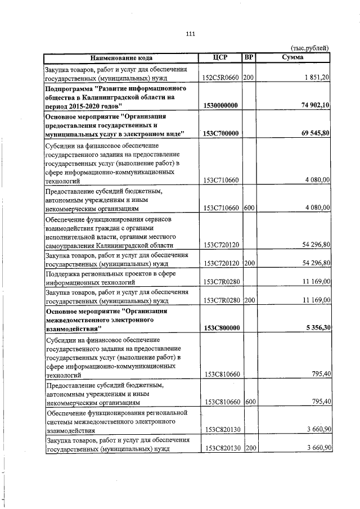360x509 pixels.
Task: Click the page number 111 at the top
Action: (x=190, y=34)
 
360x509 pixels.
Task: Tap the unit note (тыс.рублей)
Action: (x=309, y=48)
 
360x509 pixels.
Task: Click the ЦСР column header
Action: (x=220, y=57)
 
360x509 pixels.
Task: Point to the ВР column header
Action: (x=249, y=57)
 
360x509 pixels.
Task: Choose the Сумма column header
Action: (x=293, y=57)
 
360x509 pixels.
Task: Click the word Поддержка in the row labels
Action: (x=62, y=274)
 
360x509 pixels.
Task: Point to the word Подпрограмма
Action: (x=70, y=89)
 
